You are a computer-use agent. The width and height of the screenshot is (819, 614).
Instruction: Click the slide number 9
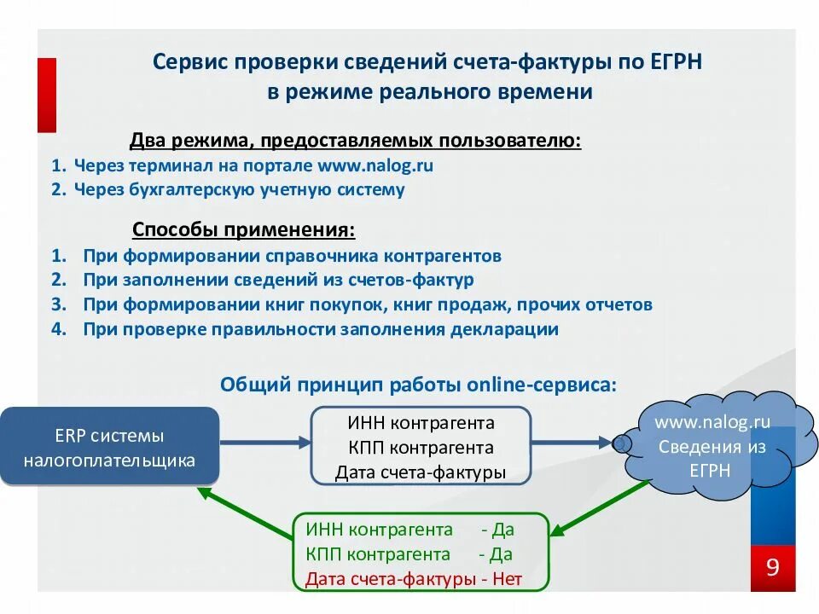773,568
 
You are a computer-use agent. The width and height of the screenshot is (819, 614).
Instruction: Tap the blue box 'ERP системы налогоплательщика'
109,448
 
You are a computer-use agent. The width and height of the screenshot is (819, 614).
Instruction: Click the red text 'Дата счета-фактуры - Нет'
413,579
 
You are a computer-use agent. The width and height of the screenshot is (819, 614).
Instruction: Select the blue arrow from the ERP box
264,442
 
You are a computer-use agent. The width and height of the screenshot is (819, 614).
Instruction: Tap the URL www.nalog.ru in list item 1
375,165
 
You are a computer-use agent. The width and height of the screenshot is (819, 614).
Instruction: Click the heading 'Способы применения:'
244,230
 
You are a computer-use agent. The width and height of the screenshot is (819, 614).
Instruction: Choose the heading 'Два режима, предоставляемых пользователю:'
355,140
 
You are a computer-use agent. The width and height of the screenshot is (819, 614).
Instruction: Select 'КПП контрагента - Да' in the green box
409,554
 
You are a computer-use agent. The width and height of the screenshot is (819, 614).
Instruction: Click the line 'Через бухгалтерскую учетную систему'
239,189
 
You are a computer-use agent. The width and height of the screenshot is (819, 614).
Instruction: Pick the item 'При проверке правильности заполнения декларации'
321,329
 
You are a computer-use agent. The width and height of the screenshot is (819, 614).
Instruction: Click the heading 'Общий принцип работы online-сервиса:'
418,384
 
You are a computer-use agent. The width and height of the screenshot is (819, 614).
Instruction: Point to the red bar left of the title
46,95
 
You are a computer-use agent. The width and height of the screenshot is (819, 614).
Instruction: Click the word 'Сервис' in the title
190,62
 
